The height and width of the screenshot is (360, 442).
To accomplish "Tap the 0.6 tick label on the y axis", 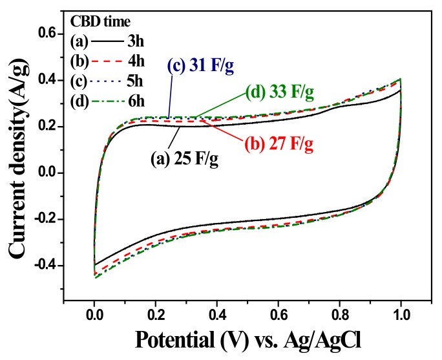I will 47,34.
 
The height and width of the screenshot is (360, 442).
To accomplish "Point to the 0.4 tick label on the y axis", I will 47,80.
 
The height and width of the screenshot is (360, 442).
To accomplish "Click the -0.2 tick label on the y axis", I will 45,220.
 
